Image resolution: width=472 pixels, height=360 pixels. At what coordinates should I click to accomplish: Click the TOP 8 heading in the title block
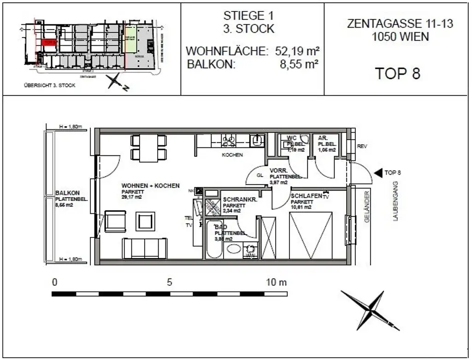(x=397, y=73)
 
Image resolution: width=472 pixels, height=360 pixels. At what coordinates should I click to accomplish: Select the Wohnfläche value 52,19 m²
(x=297, y=51)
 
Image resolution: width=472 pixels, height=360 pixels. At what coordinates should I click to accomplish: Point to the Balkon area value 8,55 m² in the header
(x=300, y=64)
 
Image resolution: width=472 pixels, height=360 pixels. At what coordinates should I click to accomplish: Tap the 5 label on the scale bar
(x=170, y=282)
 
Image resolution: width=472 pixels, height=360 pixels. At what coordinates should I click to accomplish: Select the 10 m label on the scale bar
(x=277, y=282)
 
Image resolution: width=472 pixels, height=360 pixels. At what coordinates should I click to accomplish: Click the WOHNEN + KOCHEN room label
(x=151, y=186)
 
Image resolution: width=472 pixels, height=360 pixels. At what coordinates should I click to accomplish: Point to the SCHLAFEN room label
(x=306, y=196)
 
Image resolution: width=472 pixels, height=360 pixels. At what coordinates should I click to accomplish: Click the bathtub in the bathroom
(x=214, y=239)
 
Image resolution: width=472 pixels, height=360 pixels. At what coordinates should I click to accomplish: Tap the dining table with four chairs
(x=148, y=148)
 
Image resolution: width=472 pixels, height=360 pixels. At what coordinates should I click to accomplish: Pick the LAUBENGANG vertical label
(x=395, y=201)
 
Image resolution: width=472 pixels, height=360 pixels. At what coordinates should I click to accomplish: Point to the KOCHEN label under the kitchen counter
(x=232, y=155)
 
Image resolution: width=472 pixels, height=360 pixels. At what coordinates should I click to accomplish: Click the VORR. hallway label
(x=279, y=170)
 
